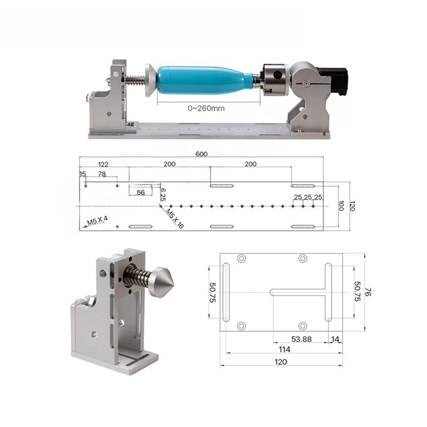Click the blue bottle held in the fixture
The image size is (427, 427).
(x=203, y=80)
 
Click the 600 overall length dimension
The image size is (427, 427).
(x=201, y=154)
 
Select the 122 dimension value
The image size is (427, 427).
(x=103, y=164)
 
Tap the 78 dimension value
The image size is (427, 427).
(x=101, y=175)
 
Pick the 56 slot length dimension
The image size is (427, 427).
(x=140, y=193)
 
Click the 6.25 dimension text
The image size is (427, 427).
(x=163, y=193)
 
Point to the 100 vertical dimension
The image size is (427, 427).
(x=341, y=206)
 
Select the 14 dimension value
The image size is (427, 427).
(x=335, y=339)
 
